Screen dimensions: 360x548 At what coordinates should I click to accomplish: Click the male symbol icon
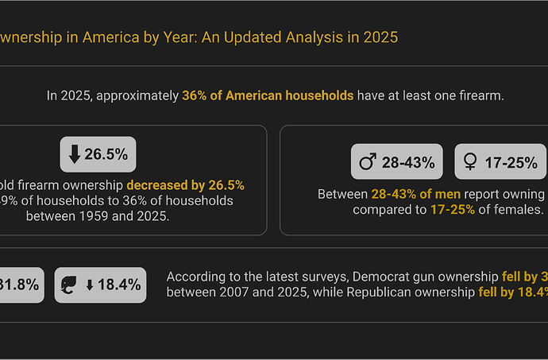point(368,163)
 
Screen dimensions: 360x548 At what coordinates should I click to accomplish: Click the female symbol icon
point(470,163)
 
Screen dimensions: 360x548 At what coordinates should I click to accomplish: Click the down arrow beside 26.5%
point(75,154)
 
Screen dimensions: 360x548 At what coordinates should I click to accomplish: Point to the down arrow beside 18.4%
point(90,285)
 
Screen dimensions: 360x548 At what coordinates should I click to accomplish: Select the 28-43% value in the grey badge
point(408,163)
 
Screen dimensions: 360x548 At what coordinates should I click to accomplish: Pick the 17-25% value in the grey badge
point(511,163)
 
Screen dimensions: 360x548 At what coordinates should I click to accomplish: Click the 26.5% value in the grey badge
point(106,154)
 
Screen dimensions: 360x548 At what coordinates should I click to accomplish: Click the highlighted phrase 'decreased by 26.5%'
point(185,184)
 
